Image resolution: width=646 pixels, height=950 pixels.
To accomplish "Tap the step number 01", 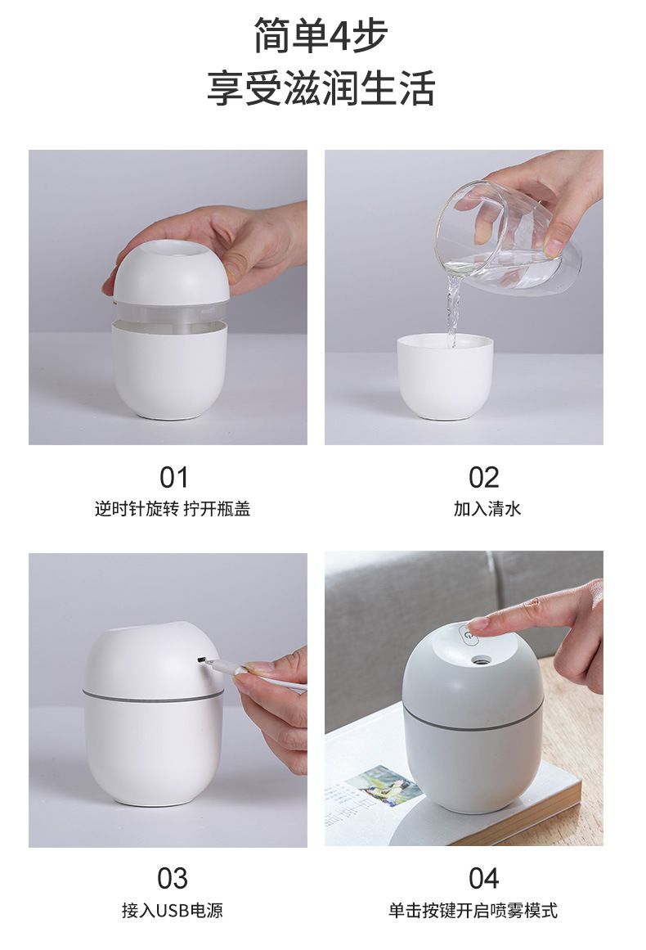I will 173,477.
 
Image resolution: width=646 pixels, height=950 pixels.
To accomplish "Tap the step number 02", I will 483,477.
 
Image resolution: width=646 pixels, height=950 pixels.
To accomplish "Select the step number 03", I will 173,878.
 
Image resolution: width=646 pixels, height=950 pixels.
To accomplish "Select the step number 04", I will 483,878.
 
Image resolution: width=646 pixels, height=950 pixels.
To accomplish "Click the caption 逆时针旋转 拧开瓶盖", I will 173,509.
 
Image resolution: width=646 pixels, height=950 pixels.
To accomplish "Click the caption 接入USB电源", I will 173,910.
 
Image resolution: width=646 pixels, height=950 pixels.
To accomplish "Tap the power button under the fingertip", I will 468,633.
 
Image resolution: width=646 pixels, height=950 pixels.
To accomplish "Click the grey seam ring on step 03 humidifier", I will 153,697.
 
